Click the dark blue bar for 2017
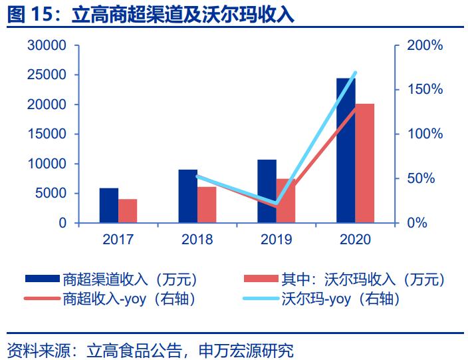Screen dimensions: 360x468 108,206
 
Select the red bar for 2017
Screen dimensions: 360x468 128,211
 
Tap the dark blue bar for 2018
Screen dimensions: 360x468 187,196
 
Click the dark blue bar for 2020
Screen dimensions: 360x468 345,150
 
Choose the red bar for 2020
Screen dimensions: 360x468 365,163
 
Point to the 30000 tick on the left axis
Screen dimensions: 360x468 46,46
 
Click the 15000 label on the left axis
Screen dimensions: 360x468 46,134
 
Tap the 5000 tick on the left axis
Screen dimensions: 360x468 50,194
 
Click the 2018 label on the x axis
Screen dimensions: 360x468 197,240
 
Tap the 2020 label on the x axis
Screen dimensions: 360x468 355,240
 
